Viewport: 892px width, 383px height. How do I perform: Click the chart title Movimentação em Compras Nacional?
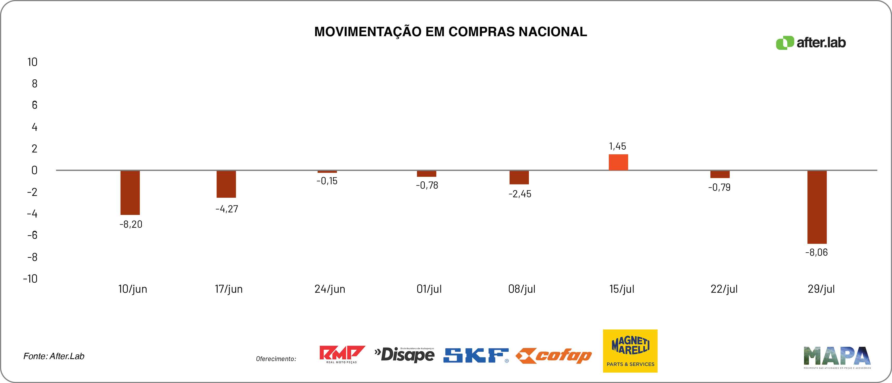click(451, 31)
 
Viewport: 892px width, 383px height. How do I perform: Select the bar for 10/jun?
click(130, 193)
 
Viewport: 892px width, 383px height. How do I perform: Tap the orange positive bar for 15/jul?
click(618, 162)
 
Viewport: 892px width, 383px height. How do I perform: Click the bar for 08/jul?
click(519, 177)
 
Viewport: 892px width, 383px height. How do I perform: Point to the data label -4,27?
click(227, 209)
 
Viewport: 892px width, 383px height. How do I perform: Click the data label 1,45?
click(617, 146)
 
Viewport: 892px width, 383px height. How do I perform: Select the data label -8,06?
click(817, 252)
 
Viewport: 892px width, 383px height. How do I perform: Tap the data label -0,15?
click(327, 181)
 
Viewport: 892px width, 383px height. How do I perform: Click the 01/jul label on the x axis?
click(429, 289)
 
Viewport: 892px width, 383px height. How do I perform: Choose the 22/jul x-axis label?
click(724, 289)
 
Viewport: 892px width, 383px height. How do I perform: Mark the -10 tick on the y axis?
click(30, 278)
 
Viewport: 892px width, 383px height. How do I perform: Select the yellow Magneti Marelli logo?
click(630, 351)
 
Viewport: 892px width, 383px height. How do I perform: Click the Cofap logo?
click(554, 356)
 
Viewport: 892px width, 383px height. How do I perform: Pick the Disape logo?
click(404, 355)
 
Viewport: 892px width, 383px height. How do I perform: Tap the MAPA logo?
click(837, 357)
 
